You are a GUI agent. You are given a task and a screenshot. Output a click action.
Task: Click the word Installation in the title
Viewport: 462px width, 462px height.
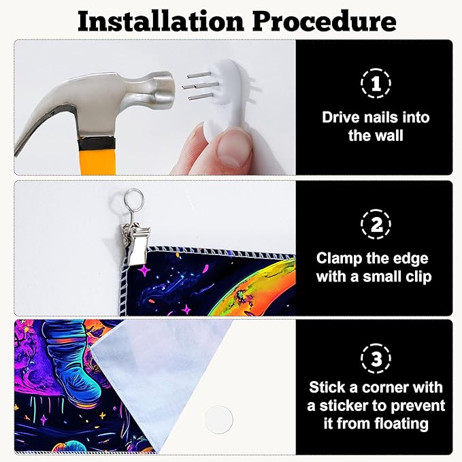point(161,21)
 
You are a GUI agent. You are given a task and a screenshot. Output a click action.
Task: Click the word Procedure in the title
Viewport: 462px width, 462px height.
point(325,21)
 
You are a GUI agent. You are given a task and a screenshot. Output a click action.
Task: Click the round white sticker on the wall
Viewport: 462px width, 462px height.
point(219,420)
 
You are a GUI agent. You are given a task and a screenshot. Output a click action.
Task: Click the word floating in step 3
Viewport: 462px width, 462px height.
point(401,425)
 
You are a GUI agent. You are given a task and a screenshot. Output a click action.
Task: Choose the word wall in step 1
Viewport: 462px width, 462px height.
point(390,136)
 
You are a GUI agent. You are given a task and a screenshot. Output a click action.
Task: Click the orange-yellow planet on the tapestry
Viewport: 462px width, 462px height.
point(253,286)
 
